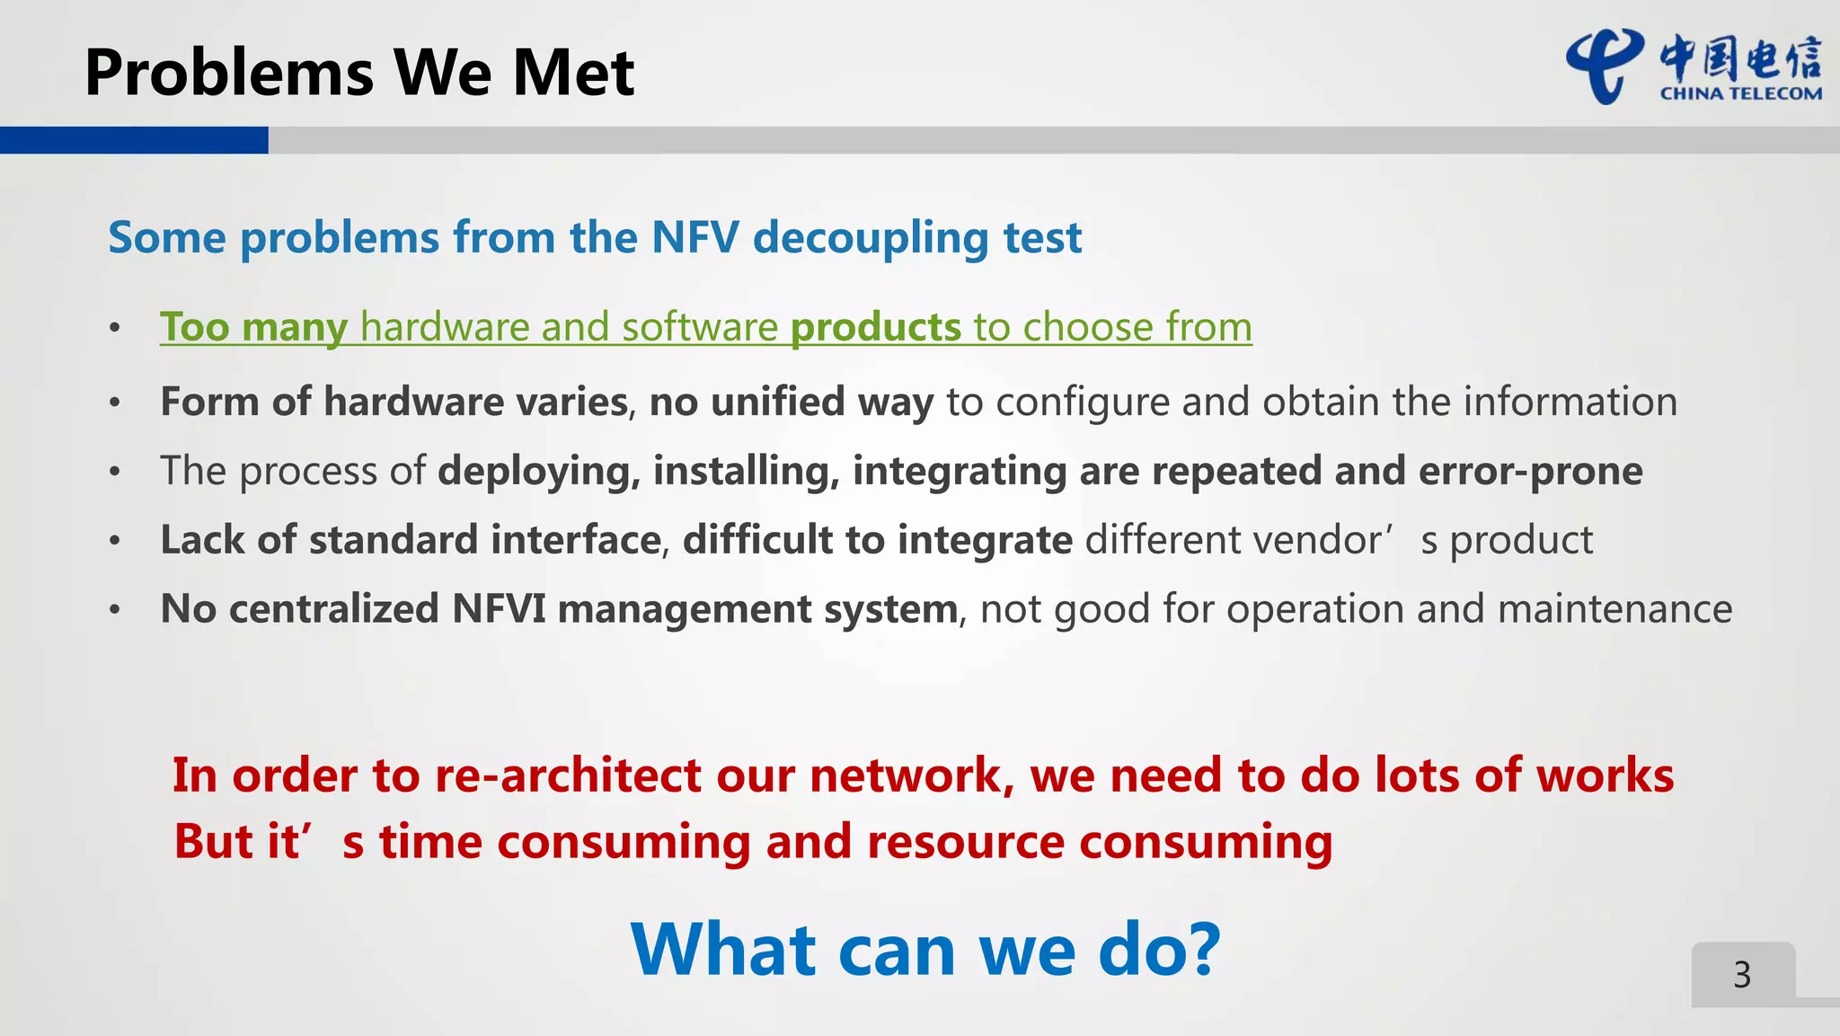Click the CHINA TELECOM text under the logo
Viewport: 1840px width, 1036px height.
point(1740,93)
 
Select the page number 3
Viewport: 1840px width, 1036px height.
point(1742,975)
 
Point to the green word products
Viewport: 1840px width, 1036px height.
point(875,327)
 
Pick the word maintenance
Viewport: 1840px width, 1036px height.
point(1614,609)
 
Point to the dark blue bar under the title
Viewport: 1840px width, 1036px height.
point(134,140)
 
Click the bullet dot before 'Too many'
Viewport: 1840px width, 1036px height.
point(115,328)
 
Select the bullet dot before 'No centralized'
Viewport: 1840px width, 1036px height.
point(115,610)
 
